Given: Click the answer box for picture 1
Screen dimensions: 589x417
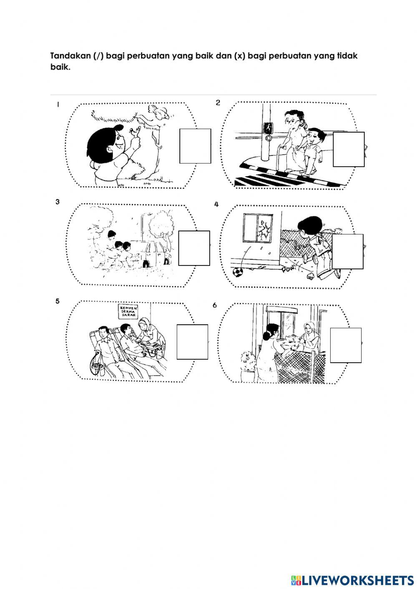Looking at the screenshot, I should coord(195,146).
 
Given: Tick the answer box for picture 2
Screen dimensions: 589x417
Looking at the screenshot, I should coord(349,149).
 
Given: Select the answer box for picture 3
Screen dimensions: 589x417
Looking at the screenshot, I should coord(194,248).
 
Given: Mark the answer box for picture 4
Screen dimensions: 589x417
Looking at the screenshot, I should coord(347,251).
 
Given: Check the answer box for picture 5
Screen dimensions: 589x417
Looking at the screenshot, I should coord(192,341).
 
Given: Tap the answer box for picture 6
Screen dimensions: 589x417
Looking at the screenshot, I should coord(346,345).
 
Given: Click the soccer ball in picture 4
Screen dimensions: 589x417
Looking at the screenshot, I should coord(237,272).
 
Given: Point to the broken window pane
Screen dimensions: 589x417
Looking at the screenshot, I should coord(264,229).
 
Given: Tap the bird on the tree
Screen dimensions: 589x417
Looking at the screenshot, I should coord(158,112).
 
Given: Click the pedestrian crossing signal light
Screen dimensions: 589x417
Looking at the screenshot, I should coord(268,128).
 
